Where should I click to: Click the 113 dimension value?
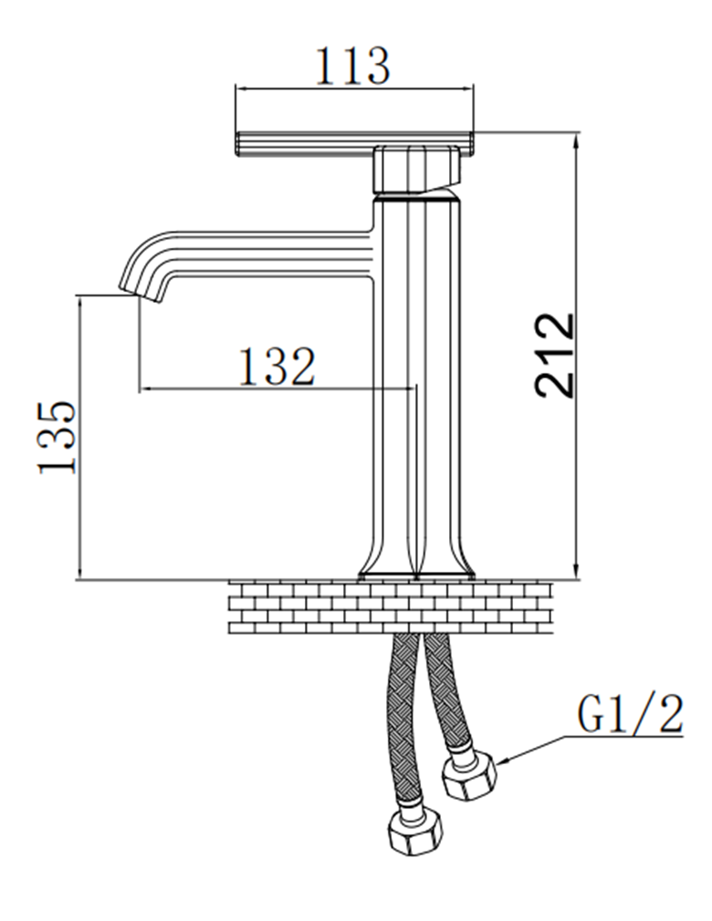(x=353, y=66)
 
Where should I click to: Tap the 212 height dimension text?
(x=555, y=355)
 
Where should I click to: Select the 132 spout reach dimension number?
(x=277, y=367)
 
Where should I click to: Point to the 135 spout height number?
(x=57, y=437)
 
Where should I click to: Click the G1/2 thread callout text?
(x=629, y=715)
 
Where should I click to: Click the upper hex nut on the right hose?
(x=468, y=774)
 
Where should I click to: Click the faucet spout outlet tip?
(x=133, y=290)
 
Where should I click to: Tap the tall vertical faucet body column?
(x=416, y=383)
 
